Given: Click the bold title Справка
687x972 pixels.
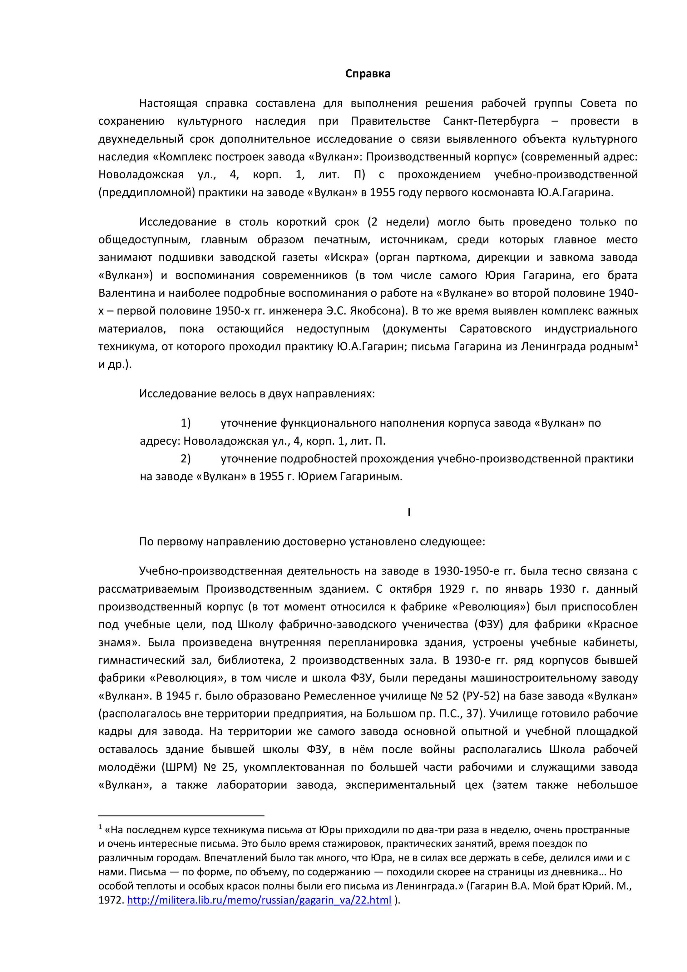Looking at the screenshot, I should [368, 74].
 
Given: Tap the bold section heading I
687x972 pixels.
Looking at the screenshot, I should [409, 512].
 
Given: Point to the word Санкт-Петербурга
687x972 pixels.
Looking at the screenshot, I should [491, 122].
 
